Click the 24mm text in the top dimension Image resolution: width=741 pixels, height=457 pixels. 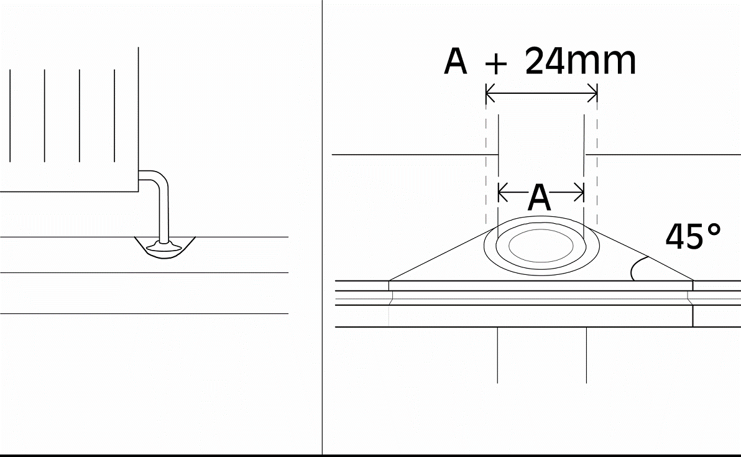point(581,61)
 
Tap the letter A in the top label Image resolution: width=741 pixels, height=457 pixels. point(456,62)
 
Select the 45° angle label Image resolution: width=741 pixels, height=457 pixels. point(693,236)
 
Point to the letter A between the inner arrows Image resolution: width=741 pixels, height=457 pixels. point(539,198)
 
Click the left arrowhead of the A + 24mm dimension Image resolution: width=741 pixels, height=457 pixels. point(490,93)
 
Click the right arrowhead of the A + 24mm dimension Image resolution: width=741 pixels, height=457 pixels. point(592,93)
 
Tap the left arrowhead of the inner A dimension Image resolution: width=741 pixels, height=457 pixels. point(503,192)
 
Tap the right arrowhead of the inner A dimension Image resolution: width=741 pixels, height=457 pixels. point(579,192)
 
